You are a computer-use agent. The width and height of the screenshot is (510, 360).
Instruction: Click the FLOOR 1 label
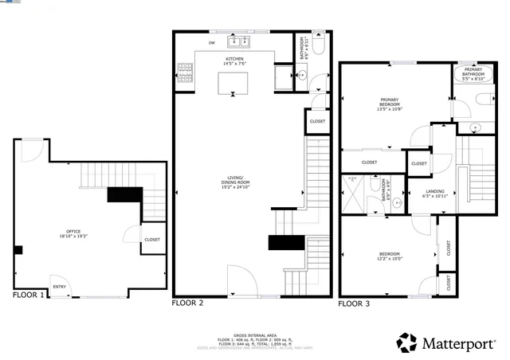[x=29, y=295]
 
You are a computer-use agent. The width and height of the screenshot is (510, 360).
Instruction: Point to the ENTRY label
[x=59, y=287]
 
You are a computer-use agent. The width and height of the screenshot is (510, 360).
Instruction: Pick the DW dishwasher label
[x=212, y=42]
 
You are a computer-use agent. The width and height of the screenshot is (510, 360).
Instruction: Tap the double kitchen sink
[x=238, y=41]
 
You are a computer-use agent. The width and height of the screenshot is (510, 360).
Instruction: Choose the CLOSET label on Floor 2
[x=316, y=121]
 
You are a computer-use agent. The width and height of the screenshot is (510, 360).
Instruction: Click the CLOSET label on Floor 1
[x=151, y=239]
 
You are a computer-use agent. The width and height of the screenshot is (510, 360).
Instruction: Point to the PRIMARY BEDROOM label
[x=390, y=102]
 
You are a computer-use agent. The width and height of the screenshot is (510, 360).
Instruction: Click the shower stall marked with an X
[x=354, y=194]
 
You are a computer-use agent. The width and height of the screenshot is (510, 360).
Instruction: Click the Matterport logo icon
[x=407, y=342]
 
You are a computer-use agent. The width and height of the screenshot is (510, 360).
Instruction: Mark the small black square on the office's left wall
[x=18, y=249]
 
